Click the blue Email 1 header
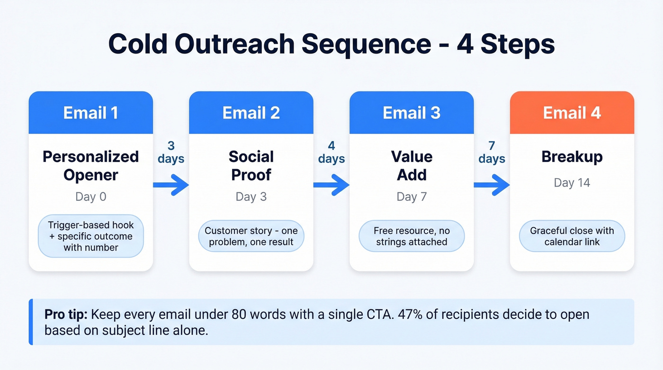pos(90,113)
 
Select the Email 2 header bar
pos(251,113)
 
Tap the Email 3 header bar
pos(412,113)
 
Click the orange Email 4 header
pos(572,113)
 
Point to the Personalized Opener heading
pos(90,165)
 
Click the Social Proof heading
pos(251,165)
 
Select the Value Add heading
pos(412,165)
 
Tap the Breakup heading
pos(572,157)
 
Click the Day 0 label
pos(90,197)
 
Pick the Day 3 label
pos(251,197)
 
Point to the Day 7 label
pos(412,197)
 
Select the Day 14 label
pos(572,183)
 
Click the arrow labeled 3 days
pos(171,184)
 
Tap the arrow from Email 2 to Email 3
pos(331,184)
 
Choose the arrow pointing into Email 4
pos(492,184)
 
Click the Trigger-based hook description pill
pos(90,236)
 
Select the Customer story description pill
pos(251,236)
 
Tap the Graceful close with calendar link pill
pos(572,236)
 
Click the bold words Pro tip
pos(65,315)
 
